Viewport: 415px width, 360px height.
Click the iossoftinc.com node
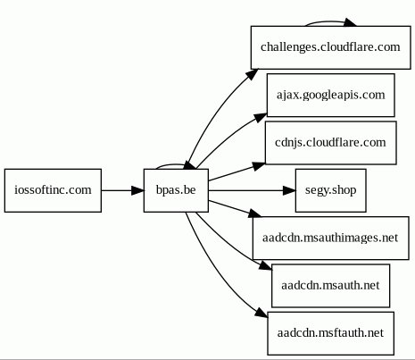coord(53,190)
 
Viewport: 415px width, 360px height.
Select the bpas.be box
coord(176,190)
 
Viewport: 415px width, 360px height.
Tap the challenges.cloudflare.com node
coord(331,47)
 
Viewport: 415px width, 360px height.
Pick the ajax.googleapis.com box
coord(331,96)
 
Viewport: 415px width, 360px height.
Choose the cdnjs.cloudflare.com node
coord(331,143)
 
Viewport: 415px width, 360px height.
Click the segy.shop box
coord(331,190)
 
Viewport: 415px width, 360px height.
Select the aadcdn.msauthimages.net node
coord(331,239)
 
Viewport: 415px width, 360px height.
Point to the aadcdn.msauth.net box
coord(331,286)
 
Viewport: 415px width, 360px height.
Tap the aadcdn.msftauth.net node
coord(331,333)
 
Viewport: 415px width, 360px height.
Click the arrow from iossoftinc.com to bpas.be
coord(122,190)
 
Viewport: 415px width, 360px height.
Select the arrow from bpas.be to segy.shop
coord(252,190)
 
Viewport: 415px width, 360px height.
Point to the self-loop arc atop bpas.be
coord(172,164)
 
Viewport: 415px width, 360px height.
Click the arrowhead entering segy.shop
coord(289,190)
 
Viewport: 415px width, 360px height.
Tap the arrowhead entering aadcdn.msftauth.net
coord(261,313)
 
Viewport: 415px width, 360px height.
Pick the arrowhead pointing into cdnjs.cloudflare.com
coord(259,166)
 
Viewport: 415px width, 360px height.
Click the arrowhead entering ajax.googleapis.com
coord(261,117)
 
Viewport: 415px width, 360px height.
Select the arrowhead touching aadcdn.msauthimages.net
coord(255,213)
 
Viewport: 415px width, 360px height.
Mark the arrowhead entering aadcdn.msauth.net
coord(266,265)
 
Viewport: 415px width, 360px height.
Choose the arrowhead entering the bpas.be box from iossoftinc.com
coord(137,190)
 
